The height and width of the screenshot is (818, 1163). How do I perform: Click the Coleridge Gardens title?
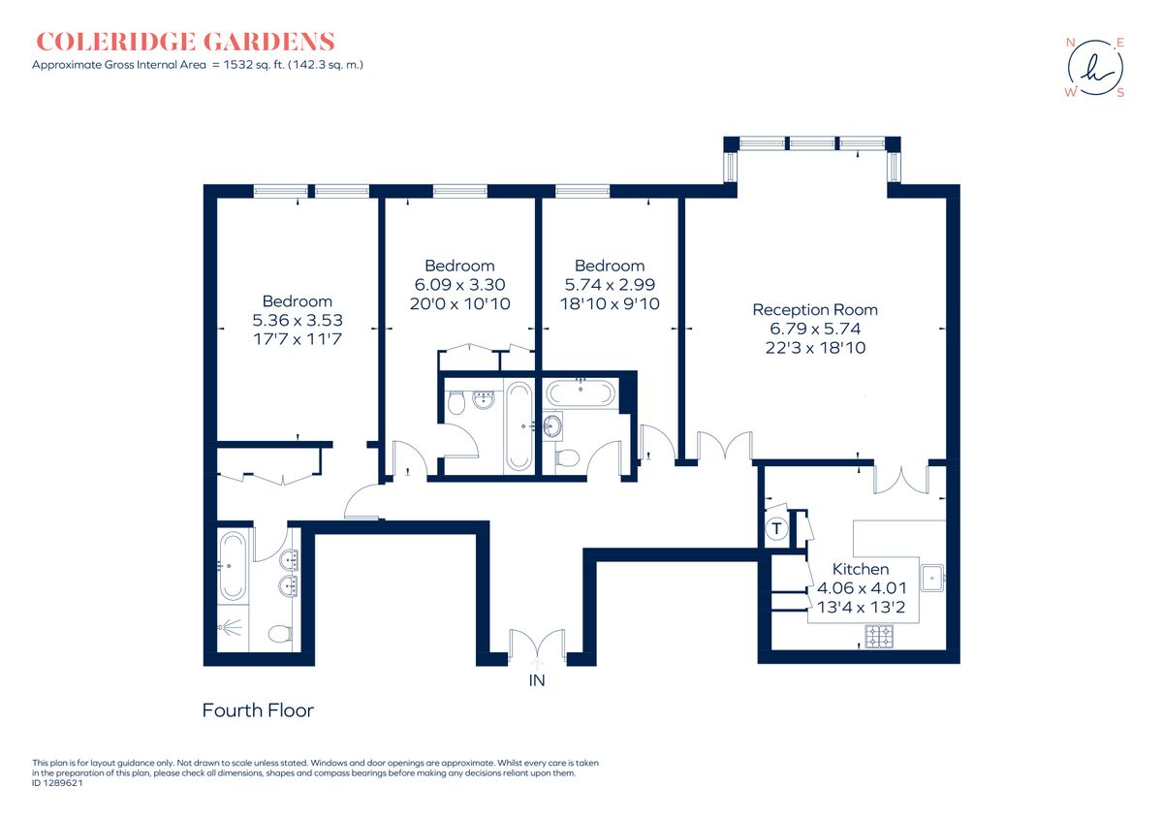[x=185, y=42]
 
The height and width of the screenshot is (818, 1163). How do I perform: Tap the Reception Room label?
[x=815, y=310]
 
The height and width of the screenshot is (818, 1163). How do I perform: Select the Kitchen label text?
[x=861, y=569]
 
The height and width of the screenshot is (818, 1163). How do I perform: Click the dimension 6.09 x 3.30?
[x=460, y=285]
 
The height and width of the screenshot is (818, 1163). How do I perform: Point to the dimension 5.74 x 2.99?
[x=610, y=285]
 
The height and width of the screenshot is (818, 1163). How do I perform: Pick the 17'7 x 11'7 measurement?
[x=298, y=339]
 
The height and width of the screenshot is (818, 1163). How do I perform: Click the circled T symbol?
[x=776, y=529]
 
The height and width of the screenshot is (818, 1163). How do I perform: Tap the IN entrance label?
[x=537, y=680]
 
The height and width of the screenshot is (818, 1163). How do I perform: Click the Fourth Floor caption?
[x=258, y=710]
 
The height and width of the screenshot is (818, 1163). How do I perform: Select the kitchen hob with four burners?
[x=879, y=637]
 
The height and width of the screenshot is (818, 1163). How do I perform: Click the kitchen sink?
[x=932, y=578]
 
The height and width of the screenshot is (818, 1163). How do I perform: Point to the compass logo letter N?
[x=1070, y=43]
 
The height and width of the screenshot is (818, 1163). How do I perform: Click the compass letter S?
[x=1120, y=93]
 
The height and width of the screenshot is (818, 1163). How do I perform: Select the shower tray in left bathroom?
[x=233, y=628]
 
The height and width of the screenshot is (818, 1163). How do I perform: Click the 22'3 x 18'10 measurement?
[x=815, y=347]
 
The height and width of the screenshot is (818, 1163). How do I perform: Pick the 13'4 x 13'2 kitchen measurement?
[x=861, y=607]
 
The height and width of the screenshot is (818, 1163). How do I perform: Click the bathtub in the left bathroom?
[x=233, y=566]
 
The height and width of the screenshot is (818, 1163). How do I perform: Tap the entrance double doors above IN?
[x=537, y=646]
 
